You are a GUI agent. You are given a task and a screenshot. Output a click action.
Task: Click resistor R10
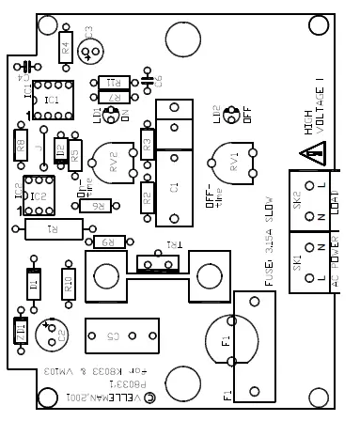point(68,279)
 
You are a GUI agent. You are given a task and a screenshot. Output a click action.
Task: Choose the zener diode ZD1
point(21,332)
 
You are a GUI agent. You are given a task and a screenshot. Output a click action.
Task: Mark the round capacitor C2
point(52,333)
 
